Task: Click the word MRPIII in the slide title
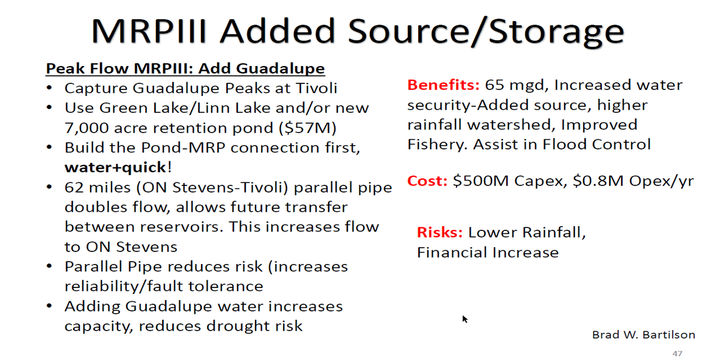coord(149,31)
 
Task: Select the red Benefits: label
coord(443,85)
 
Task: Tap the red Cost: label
coord(427,181)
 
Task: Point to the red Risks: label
coord(440,232)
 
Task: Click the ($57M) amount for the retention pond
coord(308,128)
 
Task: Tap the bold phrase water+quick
coord(115,167)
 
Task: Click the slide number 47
coord(677,353)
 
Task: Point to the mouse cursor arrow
coord(465,319)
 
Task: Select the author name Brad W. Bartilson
coord(643,335)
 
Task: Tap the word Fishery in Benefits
coord(437,145)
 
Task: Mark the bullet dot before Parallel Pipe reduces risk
coord(49,266)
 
